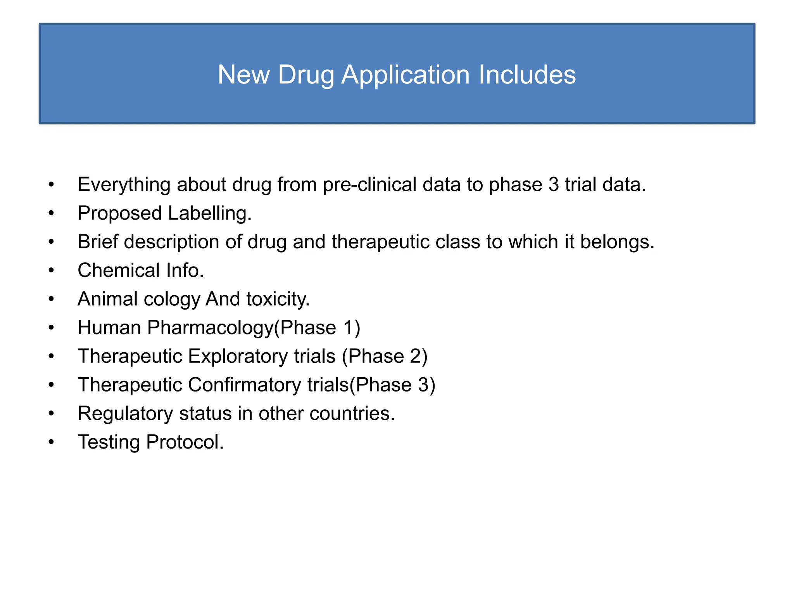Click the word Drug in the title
[x=306, y=75]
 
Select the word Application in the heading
[x=406, y=75]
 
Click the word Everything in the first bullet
[x=124, y=185]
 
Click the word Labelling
[x=210, y=213]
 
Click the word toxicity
[x=278, y=299]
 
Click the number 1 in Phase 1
[x=348, y=327]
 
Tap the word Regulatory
[x=125, y=414]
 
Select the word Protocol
[x=185, y=442]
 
